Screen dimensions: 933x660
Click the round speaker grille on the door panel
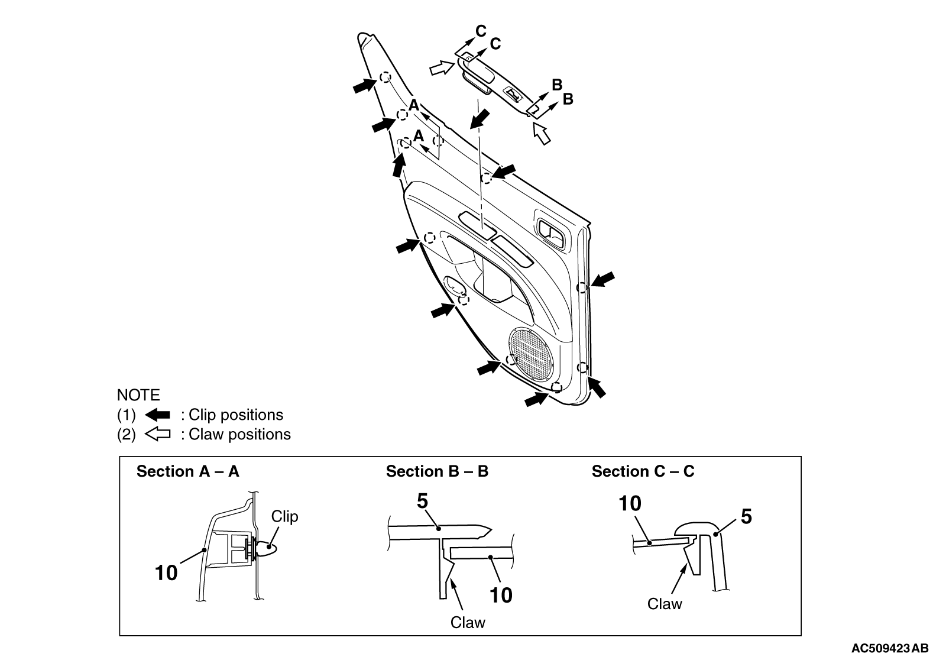pyautogui.click(x=532, y=355)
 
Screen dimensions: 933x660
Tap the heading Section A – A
pyautogui.click(x=188, y=471)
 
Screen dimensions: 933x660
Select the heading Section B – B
pyautogui.click(x=437, y=471)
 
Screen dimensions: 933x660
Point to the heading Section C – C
pyautogui.click(x=643, y=471)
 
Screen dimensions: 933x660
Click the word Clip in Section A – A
pyautogui.click(x=284, y=517)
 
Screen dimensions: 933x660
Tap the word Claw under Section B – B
pyautogui.click(x=468, y=623)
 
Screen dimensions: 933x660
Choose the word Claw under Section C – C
pyautogui.click(x=665, y=604)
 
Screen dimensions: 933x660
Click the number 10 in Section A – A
pyautogui.click(x=166, y=573)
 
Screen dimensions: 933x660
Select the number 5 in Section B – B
pyautogui.click(x=422, y=502)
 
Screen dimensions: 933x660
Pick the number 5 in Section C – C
pyautogui.click(x=746, y=517)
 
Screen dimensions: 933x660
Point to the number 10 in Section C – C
pyautogui.click(x=630, y=504)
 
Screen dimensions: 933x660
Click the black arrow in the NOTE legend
pyautogui.click(x=157, y=415)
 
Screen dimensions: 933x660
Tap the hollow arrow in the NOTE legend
pyautogui.click(x=157, y=435)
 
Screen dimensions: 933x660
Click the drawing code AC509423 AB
pyautogui.click(x=890, y=649)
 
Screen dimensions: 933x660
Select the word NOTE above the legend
pyautogui.click(x=138, y=395)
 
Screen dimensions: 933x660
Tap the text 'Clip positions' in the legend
pyautogui.click(x=236, y=415)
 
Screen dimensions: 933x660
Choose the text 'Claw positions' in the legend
pyautogui.click(x=240, y=435)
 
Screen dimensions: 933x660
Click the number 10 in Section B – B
pyautogui.click(x=501, y=596)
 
